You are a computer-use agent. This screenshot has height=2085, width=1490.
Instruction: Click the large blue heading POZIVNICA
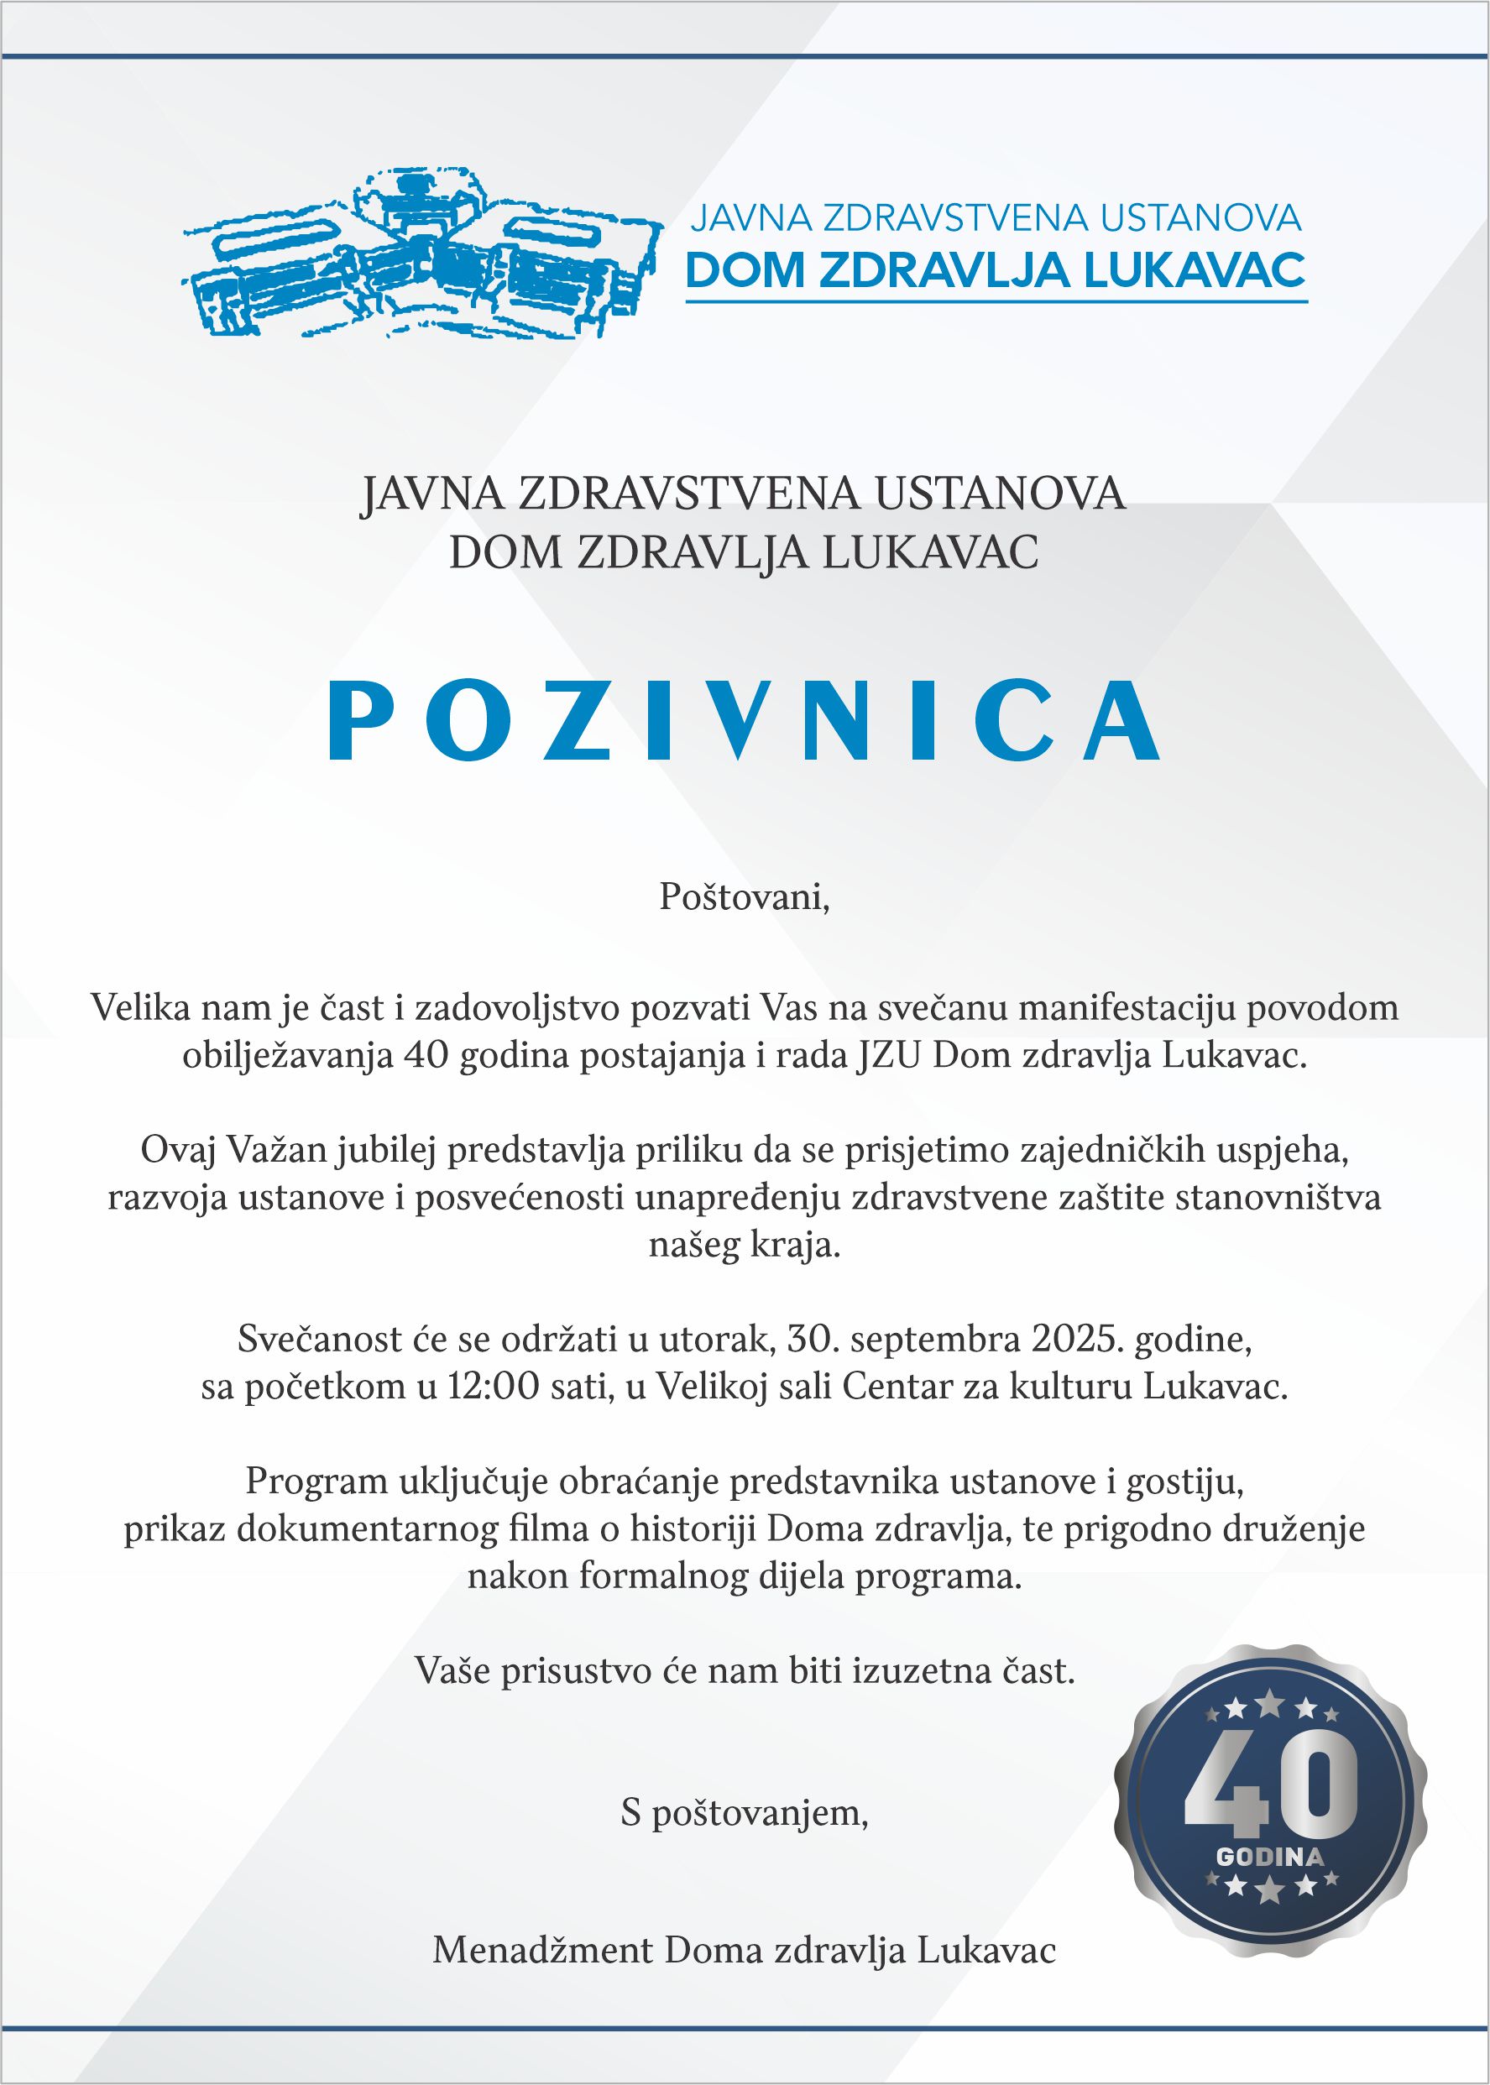coord(744,722)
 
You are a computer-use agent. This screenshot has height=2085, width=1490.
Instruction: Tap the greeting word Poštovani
coord(743,897)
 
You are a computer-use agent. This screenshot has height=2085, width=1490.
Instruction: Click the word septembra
coord(935,1340)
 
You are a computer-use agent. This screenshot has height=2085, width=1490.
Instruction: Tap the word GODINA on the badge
coord(1270,1858)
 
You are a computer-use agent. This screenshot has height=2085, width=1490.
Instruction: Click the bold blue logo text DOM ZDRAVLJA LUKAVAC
coord(996,269)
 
